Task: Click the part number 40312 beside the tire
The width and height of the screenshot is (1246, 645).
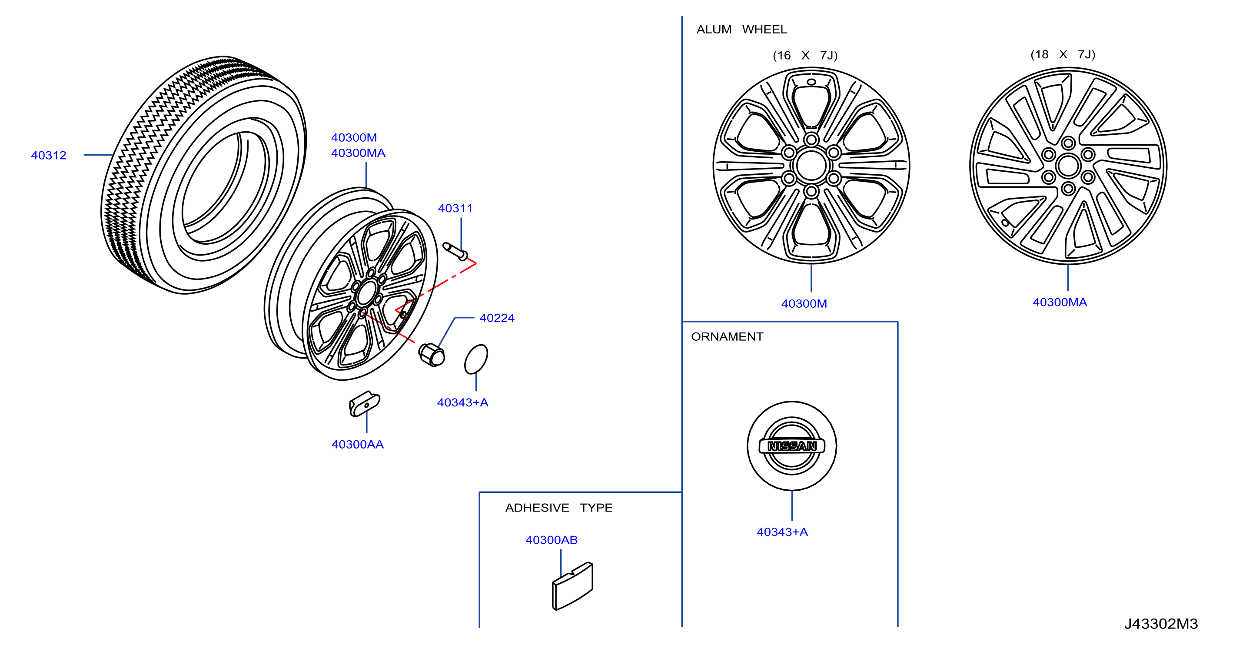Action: (x=48, y=155)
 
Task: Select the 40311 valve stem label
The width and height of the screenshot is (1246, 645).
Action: (x=455, y=208)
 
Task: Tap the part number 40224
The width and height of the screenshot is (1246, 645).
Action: (x=497, y=318)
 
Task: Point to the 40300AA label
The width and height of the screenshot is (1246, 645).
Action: (x=357, y=444)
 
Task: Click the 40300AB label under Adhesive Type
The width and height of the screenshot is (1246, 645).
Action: (x=552, y=539)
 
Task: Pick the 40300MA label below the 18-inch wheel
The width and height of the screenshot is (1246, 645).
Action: (x=1060, y=302)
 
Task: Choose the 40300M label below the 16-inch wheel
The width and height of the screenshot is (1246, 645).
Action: (x=804, y=303)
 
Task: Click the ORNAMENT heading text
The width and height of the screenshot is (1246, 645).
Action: (x=727, y=336)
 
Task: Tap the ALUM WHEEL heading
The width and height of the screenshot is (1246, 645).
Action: (x=741, y=30)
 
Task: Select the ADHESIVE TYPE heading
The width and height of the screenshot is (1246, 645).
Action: (x=558, y=508)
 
